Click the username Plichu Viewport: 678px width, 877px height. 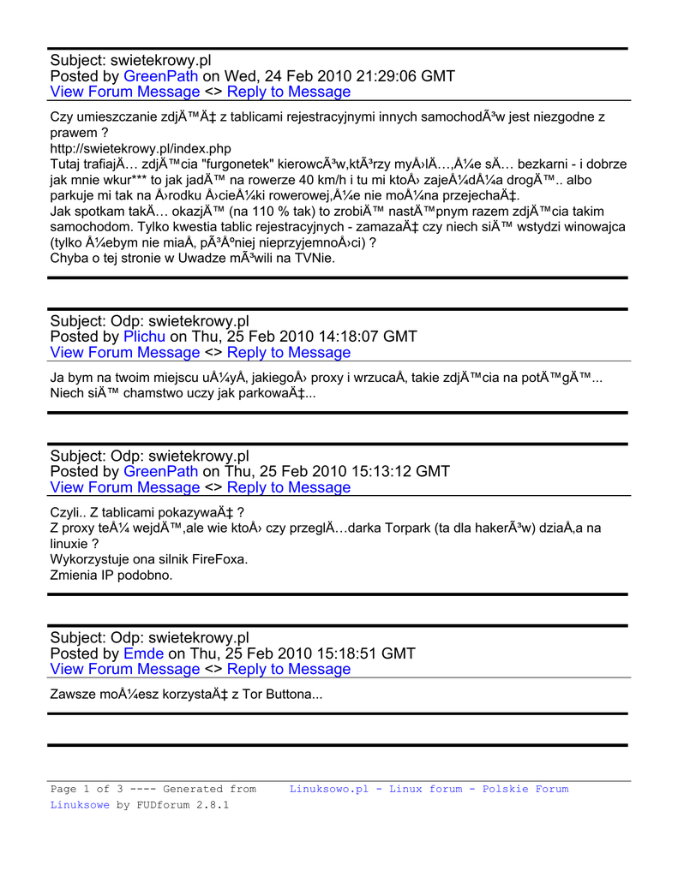click(145, 337)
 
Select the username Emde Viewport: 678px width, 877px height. click(143, 653)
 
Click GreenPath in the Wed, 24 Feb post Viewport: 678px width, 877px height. click(161, 76)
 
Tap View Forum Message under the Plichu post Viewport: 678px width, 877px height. click(125, 353)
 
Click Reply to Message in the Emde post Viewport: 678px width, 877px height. click(289, 670)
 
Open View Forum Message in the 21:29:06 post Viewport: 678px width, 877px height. click(125, 92)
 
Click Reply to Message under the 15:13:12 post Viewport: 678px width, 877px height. click(289, 488)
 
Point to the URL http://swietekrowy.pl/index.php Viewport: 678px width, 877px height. click(141, 148)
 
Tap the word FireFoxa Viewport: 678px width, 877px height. click(215, 559)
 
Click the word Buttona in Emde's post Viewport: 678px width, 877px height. click(291, 695)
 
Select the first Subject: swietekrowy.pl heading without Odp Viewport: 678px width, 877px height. click(130, 60)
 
